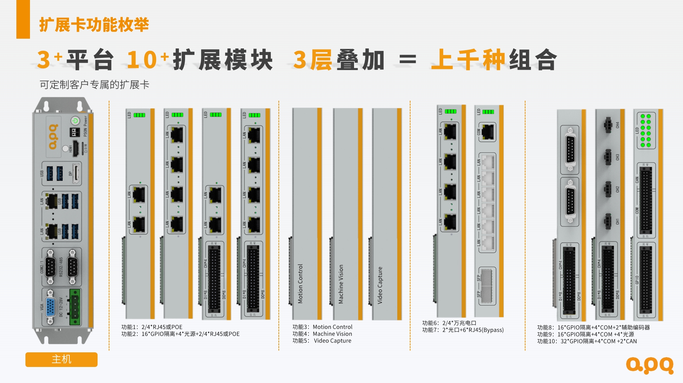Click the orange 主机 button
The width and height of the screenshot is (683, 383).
[x=61, y=359]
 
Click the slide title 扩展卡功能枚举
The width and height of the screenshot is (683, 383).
[x=94, y=25]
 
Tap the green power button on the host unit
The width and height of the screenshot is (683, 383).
[x=75, y=121]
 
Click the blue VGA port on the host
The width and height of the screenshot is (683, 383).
[x=51, y=307]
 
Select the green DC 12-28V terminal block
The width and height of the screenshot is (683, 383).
[x=75, y=307]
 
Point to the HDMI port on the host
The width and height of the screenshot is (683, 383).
[x=76, y=148]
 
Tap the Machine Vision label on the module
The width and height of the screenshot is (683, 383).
[x=341, y=284]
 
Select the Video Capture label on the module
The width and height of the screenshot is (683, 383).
[x=380, y=285]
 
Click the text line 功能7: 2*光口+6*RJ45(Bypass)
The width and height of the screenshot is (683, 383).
[x=463, y=330]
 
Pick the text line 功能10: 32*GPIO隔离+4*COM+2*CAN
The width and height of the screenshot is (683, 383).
[x=587, y=341]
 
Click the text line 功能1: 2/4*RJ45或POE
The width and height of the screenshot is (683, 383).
[x=152, y=327]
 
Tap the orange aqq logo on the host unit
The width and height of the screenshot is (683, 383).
[x=53, y=137]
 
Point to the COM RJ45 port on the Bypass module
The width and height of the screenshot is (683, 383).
[x=487, y=132]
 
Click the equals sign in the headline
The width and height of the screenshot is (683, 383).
[x=407, y=60]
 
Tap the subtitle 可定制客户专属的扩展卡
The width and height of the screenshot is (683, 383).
[x=94, y=85]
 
